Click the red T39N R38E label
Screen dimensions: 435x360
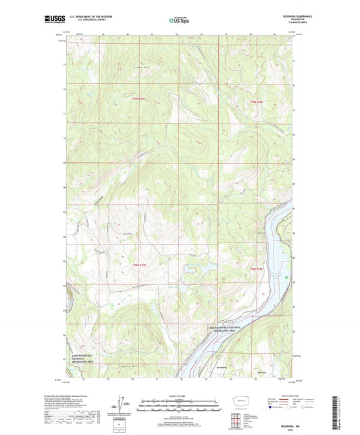(x=254, y=103)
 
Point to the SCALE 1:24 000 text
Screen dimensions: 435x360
(x=180, y=396)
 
